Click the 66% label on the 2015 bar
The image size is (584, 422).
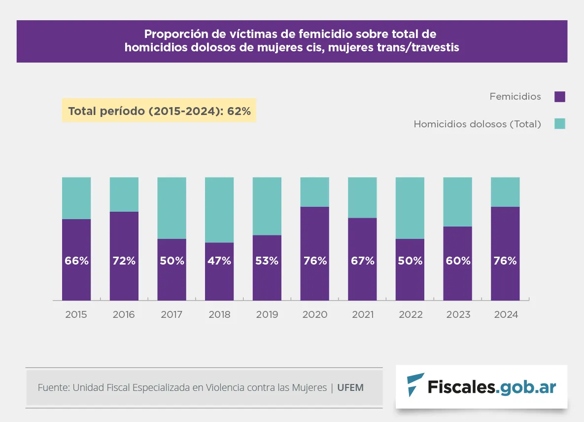[76, 261]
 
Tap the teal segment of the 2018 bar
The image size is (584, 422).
[219, 210]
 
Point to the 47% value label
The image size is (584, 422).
[219, 261]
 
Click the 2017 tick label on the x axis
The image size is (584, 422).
[172, 314]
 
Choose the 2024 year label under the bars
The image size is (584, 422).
[506, 314]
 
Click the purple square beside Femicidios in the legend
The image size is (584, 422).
[559, 97]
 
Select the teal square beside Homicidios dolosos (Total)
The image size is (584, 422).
[559, 124]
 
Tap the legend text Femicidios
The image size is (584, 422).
[515, 97]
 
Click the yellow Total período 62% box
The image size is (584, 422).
[159, 111]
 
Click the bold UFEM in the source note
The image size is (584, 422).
[350, 387]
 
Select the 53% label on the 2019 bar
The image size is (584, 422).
[267, 261]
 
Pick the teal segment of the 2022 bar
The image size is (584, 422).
[410, 208]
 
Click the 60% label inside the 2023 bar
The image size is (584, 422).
[458, 261]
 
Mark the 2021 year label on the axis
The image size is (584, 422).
[363, 314]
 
